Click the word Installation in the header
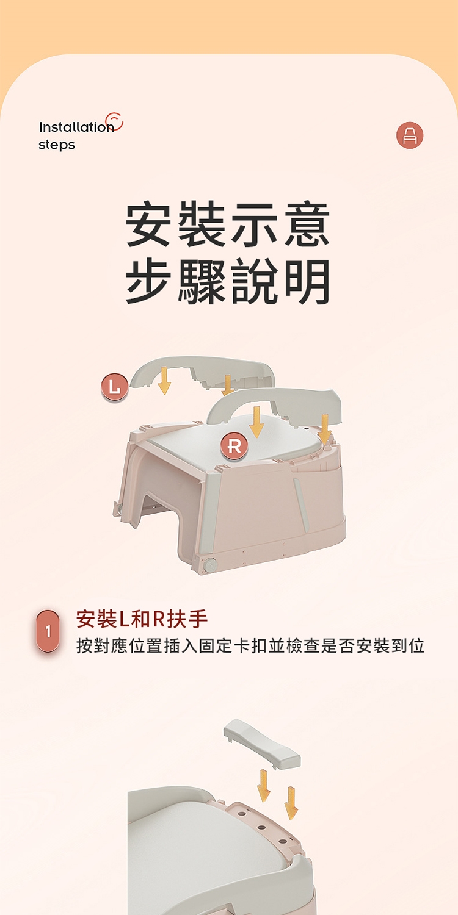(x=76, y=127)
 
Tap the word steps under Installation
(x=57, y=145)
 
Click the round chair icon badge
(x=410, y=135)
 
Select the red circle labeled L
(x=115, y=388)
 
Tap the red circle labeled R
(x=234, y=446)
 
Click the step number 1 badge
(x=48, y=631)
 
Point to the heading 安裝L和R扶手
(x=142, y=619)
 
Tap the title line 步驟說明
(x=228, y=281)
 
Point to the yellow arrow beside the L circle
(x=164, y=380)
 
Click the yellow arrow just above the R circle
(x=256, y=422)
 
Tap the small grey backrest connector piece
(x=262, y=744)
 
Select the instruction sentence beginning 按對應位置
(x=250, y=646)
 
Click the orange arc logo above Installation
(x=115, y=121)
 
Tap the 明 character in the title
(x=308, y=282)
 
